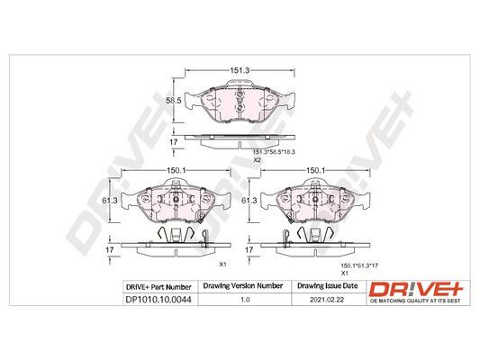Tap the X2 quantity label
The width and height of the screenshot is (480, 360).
[x=257, y=159]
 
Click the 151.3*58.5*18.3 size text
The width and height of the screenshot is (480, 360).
[x=274, y=152]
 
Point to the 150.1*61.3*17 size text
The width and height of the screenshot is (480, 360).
[x=359, y=265]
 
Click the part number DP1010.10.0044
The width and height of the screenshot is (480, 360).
[x=158, y=300]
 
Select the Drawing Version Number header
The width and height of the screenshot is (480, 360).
[x=243, y=286]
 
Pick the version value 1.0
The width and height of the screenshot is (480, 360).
[x=245, y=300]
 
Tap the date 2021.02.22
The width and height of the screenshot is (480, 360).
[x=327, y=300]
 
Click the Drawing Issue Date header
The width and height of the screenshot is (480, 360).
[x=328, y=286]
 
